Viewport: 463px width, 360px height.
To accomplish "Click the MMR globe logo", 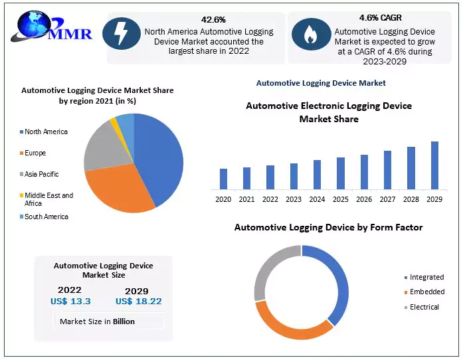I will pyautogui.click(x=33, y=30).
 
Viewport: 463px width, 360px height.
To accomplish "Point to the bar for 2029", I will pyautogui.click(x=434, y=165).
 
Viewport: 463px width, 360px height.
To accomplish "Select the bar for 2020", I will pyautogui.click(x=223, y=179).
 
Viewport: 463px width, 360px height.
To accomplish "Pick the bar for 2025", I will pyautogui.click(x=341, y=173).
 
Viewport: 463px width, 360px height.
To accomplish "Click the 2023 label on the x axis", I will pyautogui.click(x=294, y=199).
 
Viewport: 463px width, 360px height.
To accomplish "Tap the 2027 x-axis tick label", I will pyautogui.click(x=387, y=199).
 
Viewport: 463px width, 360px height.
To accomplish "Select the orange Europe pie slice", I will pyautogui.click(x=116, y=189).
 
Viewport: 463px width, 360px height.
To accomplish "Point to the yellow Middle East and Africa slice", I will pyautogui.click(x=114, y=122).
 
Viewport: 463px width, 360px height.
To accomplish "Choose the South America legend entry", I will pyautogui.click(x=46, y=217).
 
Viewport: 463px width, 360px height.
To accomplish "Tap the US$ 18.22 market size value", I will pyautogui.click(x=138, y=302).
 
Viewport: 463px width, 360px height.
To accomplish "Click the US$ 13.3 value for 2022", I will pyautogui.click(x=70, y=302).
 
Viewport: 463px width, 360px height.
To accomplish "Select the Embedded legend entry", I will pyautogui.click(x=427, y=292).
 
